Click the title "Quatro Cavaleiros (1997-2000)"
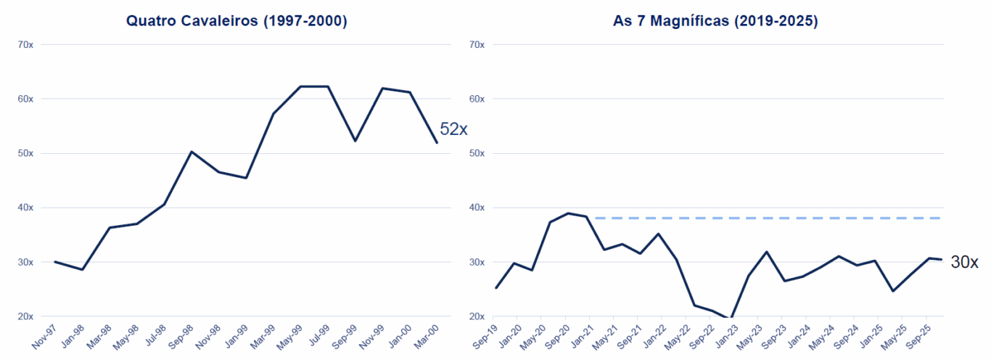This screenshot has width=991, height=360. click(237, 21)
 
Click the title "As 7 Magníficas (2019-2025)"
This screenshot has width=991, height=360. click(715, 21)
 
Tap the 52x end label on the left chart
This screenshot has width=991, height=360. click(454, 129)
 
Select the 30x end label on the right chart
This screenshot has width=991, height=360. click(964, 263)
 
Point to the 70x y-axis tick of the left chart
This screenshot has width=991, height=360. click(25, 45)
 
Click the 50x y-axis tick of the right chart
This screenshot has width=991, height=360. click(477, 153)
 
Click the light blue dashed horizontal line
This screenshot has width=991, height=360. click(769, 218)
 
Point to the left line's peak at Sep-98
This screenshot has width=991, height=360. click(191, 152)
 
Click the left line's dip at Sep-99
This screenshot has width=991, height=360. click(355, 141)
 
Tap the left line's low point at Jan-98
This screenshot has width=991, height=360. click(82, 269)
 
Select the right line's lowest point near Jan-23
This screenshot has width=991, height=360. click(731, 318)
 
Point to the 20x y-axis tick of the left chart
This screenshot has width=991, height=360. click(25, 316)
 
